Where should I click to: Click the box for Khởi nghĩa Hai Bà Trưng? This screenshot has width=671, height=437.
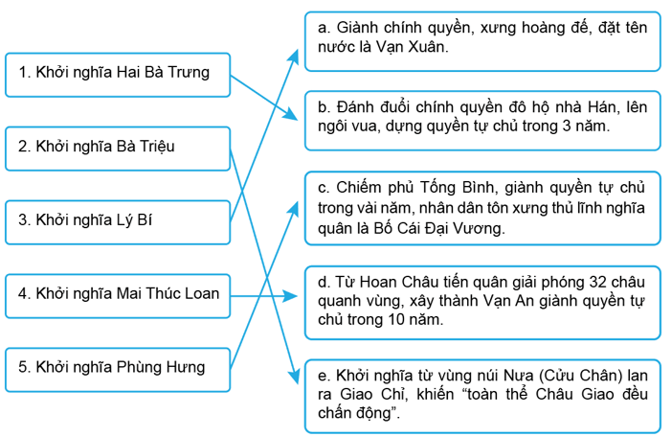pyautogui.click(x=118, y=72)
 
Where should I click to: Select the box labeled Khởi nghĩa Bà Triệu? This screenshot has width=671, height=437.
pyautogui.click(x=118, y=147)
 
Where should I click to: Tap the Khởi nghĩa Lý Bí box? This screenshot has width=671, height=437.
pyautogui.click(x=118, y=220)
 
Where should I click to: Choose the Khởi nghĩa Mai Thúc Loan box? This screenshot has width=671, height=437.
pyautogui.click(x=118, y=293)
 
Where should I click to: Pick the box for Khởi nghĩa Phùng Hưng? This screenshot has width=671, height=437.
pyautogui.click(x=118, y=366)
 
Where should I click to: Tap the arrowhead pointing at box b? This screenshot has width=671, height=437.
pyautogui.click(x=299, y=118)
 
